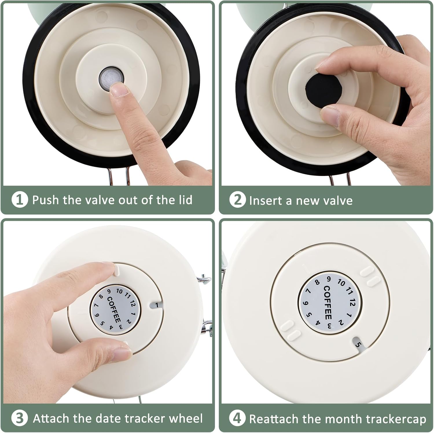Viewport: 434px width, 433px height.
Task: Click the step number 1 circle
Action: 20,200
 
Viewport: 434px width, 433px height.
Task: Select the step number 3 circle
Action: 20,419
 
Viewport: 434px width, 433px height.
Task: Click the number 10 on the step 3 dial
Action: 119,291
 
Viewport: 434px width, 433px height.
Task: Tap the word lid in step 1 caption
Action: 184,200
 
